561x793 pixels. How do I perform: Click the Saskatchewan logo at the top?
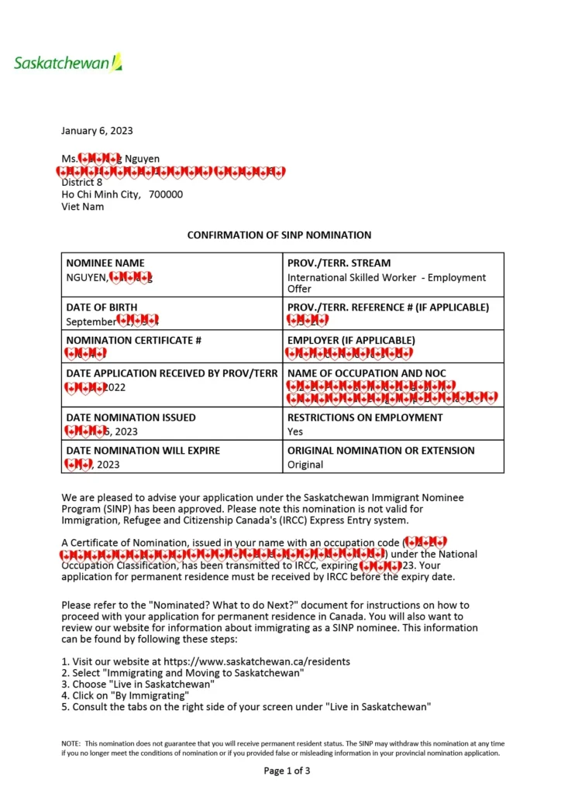point(68,63)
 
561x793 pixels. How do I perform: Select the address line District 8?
point(82,183)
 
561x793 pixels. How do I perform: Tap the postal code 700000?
point(166,194)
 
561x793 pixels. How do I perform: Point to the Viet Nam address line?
point(83,207)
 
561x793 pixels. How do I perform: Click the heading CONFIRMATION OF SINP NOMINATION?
point(279,235)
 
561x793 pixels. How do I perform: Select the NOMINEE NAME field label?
point(105,263)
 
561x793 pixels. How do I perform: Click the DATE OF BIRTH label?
point(102,307)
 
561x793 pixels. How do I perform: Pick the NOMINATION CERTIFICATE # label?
point(133,340)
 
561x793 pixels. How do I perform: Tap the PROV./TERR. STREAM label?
point(339,263)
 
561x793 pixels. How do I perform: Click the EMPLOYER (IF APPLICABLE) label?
point(351,340)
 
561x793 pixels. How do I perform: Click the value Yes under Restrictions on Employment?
point(295,431)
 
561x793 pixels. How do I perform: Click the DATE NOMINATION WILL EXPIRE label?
point(143,451)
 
